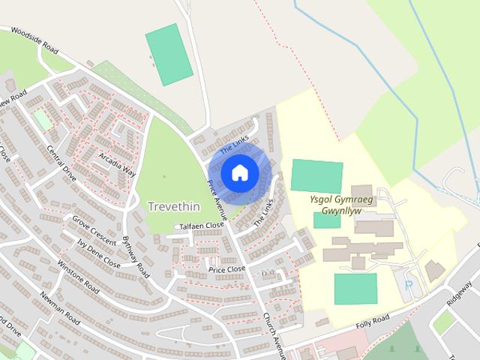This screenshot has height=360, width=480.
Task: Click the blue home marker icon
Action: [239, 172]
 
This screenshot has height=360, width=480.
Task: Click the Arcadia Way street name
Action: [116, 161]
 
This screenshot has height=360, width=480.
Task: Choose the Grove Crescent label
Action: [94, 229]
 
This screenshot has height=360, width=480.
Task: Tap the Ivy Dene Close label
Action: [98, 253]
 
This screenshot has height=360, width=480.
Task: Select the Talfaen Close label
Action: [201, 225]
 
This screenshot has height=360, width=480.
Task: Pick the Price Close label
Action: [226, 268]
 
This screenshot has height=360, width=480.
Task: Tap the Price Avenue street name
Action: [222, 201]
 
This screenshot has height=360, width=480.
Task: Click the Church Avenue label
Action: [274, 332]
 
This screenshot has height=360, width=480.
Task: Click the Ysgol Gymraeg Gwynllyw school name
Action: [335, 205]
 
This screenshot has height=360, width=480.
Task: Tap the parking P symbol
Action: [409, 285]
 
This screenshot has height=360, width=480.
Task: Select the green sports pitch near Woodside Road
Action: [169, 55]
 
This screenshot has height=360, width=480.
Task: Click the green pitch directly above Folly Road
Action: [355, 289]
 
